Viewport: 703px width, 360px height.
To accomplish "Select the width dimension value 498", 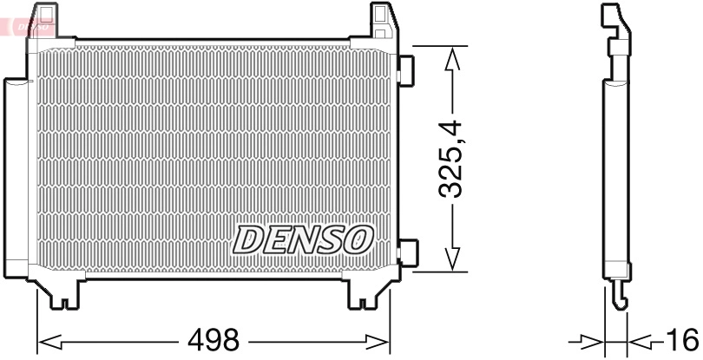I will pos(214,340).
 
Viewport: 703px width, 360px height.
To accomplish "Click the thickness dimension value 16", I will pos(683,339).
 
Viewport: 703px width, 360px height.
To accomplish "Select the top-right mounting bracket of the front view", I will pos(383,21).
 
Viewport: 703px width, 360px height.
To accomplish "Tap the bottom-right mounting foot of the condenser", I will pos(363,295).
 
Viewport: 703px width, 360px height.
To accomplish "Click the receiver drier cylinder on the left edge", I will pos(16,178).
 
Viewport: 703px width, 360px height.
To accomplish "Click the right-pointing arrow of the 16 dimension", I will pos(590,339).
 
